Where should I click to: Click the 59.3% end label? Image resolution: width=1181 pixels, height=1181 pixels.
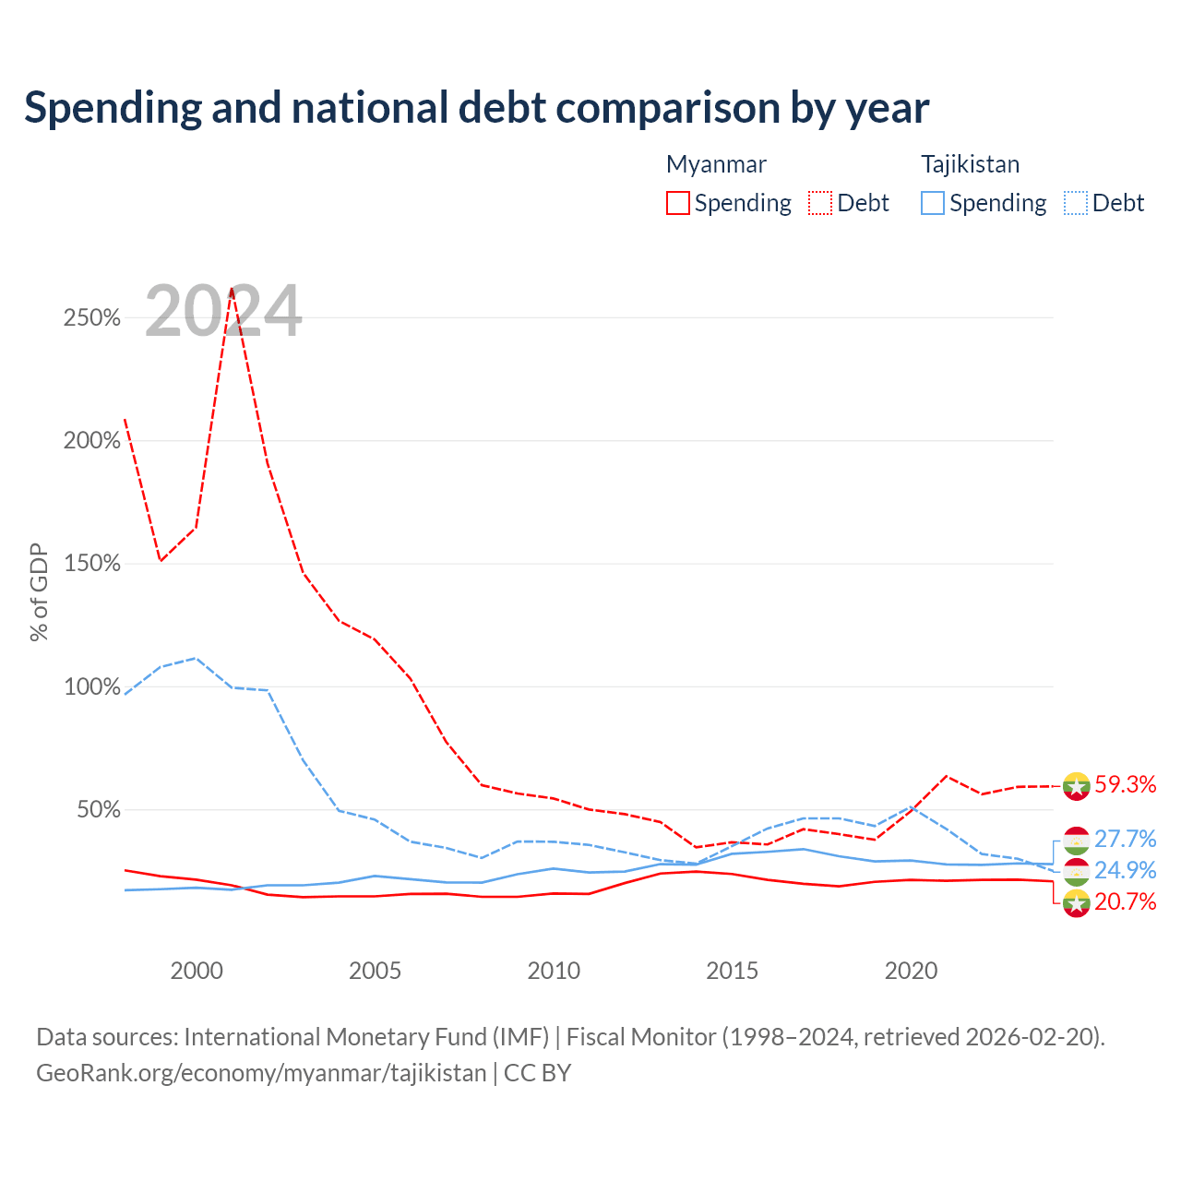coord(1125,784)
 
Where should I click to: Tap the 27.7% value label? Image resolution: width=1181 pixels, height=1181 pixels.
coord(1125,839)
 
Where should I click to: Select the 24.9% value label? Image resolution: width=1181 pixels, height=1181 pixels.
coord(1125,870)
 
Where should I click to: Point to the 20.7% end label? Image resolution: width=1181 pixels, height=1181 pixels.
coord(1125,901)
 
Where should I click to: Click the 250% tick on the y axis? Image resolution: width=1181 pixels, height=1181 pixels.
coord(92,317)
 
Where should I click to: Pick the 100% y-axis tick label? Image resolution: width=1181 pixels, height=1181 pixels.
coord(92,686)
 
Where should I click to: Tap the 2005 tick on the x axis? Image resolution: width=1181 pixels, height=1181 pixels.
coord(375,971)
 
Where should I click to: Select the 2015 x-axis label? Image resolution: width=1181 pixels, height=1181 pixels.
coord(732,971)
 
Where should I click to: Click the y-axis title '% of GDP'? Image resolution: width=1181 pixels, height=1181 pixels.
coord(39,592)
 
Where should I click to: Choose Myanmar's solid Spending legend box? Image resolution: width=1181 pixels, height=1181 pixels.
coord(678,203)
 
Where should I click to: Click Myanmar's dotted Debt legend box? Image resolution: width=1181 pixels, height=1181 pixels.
coord(820,203)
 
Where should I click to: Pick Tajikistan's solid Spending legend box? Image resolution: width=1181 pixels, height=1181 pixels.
coord(933,203)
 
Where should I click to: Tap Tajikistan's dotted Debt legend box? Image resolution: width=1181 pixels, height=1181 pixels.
coord(1076,203)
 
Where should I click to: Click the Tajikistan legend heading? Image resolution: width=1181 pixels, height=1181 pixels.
coord(970,164)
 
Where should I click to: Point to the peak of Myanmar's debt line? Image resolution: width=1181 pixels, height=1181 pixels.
coord(232,289)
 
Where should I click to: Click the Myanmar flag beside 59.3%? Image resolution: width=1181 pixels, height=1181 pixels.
coord(1076,786)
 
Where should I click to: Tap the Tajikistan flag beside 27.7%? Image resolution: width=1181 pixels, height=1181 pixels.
coord(1076,841)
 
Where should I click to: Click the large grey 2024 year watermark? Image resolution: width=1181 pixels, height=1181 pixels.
coord(223,310)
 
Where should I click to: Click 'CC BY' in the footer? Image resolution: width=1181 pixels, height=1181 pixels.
coord(538,1073)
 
